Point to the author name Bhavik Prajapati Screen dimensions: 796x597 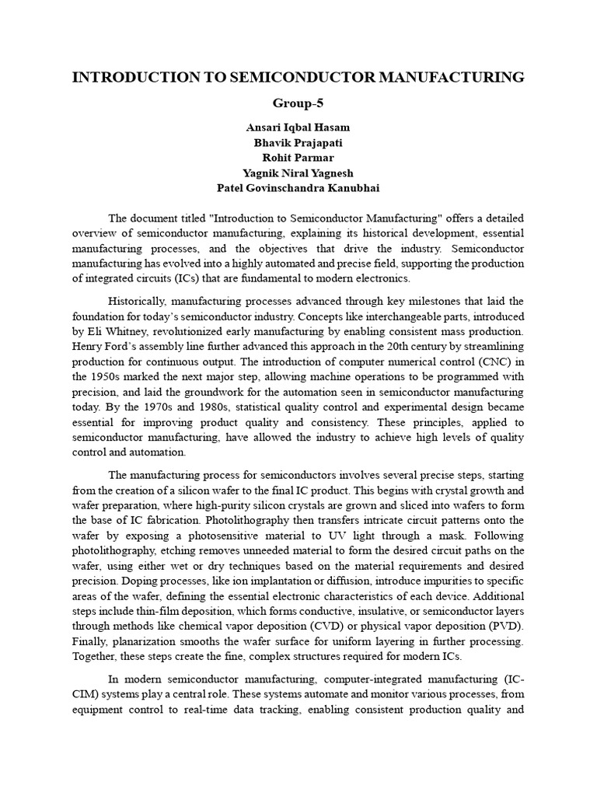tap(298, 143)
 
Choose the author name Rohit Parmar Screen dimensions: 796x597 tap(298, 158)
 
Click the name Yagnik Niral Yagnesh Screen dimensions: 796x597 tap(298, 173)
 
